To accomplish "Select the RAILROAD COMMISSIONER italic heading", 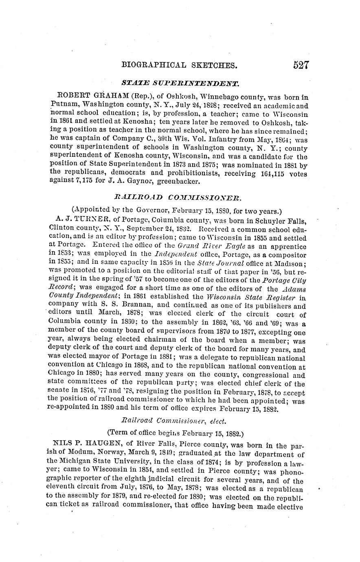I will click(x=178, y=198).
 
